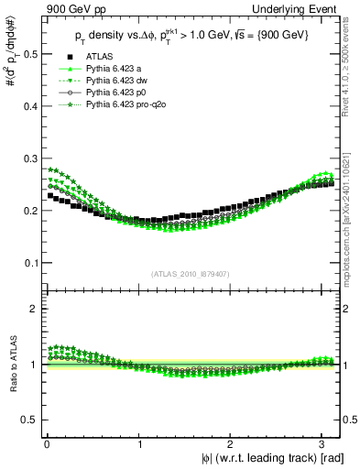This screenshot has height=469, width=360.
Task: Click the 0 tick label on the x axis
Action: point(47,443)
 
